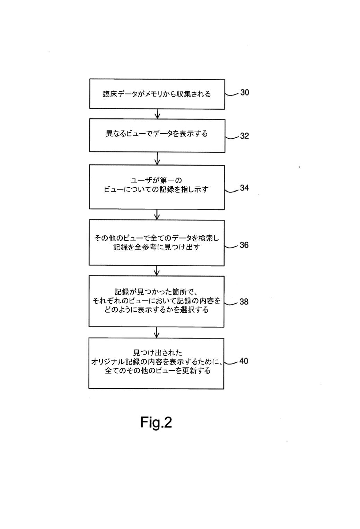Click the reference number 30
(x=244, y=92)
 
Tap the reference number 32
(x=244, y=136)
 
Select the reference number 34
(x=244, y=188)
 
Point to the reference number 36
(x=244, y=245)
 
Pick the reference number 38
(x=244, y=302)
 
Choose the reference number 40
(x=244, y=361)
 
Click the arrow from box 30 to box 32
(x=157, y=114)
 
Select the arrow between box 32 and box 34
(x=157, y=159)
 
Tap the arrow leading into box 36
(x=157, y=215)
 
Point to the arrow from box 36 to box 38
(x=157, y=271)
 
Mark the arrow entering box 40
(x=157, y=332)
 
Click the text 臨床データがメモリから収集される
(x=157, y=94)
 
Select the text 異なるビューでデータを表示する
(x=157, y=134)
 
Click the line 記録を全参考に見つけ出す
(x=157, y=248)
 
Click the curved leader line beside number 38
(x=231, y=304)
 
